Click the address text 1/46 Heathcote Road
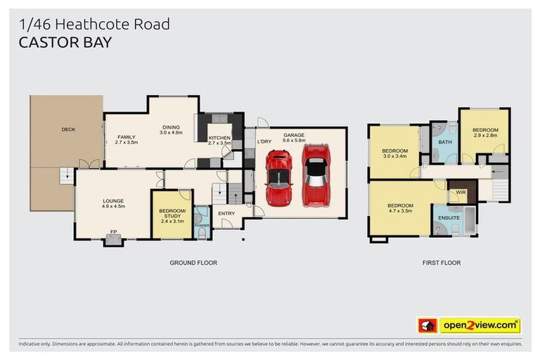pos(94,24)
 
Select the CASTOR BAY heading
pos(65,41)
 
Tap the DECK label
pos(68,129)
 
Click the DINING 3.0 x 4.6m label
pos(171,129)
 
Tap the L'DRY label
pos(264,141)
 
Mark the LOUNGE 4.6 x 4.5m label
pos(112,203)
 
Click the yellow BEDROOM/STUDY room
pos(172,214)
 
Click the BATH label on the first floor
pos(444,142)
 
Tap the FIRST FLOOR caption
pos(442,262)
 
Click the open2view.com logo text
pos(480,326)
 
